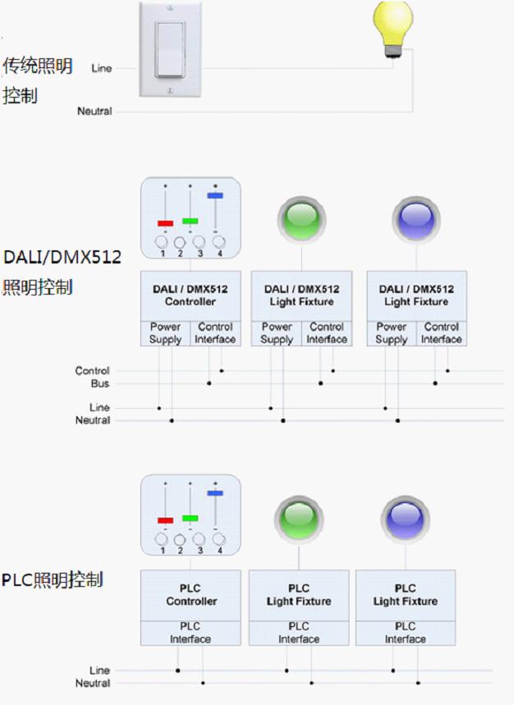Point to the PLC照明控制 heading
(52, 580)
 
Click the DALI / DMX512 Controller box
(190, 295)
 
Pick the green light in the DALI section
(301, 219)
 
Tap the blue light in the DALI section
(415, 219)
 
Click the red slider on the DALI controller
(165, 223)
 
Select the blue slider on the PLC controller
(215, 493)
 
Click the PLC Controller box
(190, 595)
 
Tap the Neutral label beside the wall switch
(94, 111)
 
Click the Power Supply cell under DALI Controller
(165, 332)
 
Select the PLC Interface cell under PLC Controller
(190, 633)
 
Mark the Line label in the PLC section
(99, 671)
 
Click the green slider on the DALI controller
(190, 221)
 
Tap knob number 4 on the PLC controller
(219, 539)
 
